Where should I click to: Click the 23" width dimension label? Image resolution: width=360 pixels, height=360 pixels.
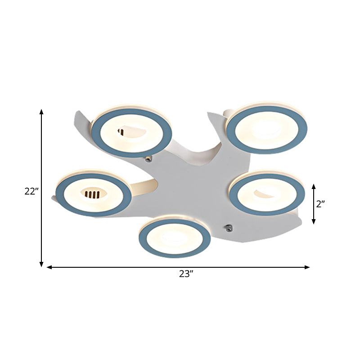pyautogui.click(x=185, y=274)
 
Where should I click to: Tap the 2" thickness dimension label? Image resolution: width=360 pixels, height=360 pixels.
pyautogui.click(x=320, y=204)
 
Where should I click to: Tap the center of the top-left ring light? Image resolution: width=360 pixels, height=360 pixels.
pyautogui.click(x=132, y=133)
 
